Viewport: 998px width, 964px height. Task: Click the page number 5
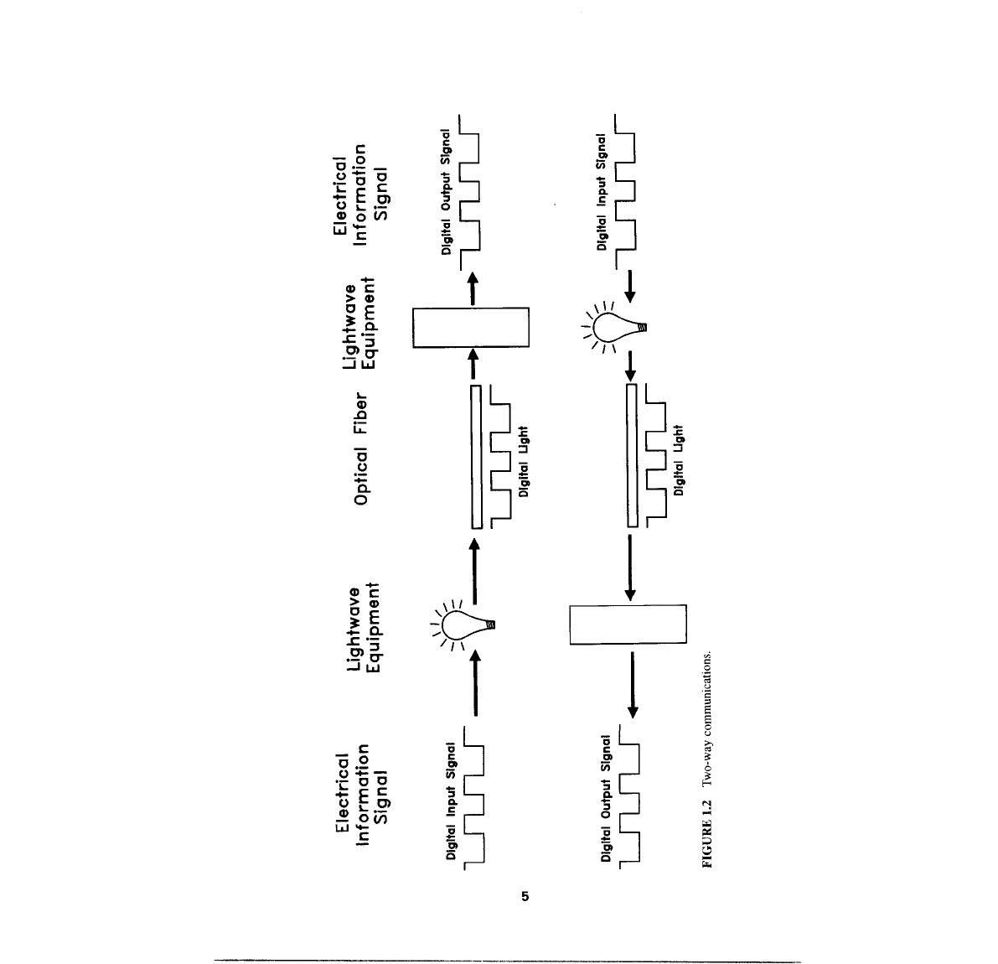tap(525, 897)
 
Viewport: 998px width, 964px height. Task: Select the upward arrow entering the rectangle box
tap(474, 364)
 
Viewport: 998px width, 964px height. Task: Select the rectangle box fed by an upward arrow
tap(471, 327)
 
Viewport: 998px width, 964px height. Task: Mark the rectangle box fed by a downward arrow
tap(628, 624)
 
